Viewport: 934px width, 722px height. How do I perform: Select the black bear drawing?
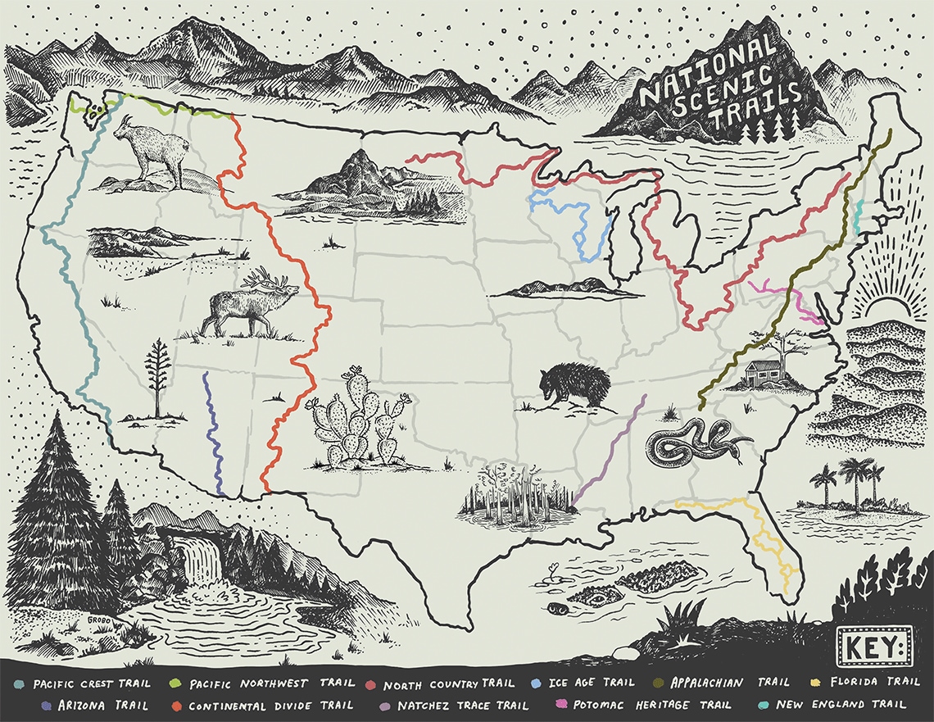point(574,387)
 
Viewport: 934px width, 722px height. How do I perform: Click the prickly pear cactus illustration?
point(357,422)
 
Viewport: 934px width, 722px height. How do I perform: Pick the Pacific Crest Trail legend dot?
point(18,683)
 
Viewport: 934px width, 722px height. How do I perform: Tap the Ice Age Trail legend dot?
point(535,683)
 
